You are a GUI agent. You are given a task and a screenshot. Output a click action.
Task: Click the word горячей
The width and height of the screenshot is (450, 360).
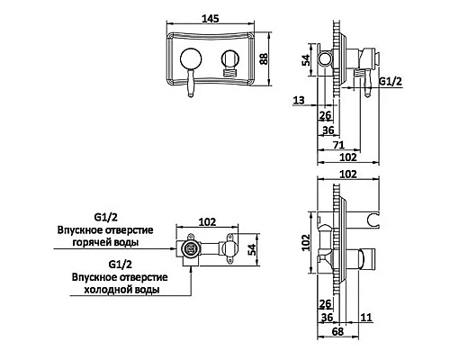pos(110,242)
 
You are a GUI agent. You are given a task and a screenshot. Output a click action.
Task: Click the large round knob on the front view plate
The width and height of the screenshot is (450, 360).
pos(191,61)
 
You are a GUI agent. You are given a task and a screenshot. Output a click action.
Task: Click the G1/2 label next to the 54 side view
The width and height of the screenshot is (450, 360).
pos(389,82)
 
